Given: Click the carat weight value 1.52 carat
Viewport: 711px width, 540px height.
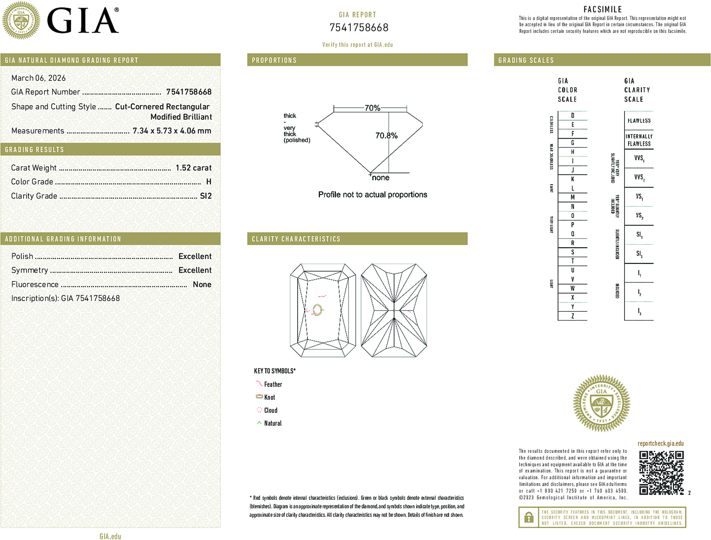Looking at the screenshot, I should pyautogui.click(x=193, y=168).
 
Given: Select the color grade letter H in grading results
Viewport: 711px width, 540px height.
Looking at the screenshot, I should pyautogui.click(x=208, y=182).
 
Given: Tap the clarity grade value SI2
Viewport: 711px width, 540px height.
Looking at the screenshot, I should pyautogui.click(x=206, y=196).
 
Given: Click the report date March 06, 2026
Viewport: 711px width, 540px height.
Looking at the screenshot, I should pyautogui.click(x=38, y=78).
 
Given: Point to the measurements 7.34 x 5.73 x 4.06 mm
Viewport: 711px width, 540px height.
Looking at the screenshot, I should pyautogui.click(x=172, y=131).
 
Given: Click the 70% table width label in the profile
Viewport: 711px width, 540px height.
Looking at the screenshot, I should pyautogui.click(x=372, y=108).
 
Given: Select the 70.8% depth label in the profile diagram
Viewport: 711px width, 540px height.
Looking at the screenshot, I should pyautogui.click(x=386, y=136).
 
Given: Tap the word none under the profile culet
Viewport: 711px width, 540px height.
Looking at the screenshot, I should pyautogui.click(x=380, y=178).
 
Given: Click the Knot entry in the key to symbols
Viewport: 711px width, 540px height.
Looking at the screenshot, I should pyautogui.click(x=269, y=397).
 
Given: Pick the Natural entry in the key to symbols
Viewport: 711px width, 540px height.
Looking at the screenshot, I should pyautogui.click(x=272, y=423).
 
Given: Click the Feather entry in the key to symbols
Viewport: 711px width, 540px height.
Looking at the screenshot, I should pyautogui.click(x=273, y=384).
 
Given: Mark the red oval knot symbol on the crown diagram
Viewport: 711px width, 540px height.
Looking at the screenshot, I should pyautogui.click(x=317, y=310).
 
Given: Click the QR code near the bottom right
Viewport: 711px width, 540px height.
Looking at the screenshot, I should pyautogui.click(x=661, y=472).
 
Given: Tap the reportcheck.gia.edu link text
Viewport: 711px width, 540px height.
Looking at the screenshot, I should pyautogui.click(x=660, y=444).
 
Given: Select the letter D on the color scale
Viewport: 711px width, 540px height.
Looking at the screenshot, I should pyautogui.click(x=572, y=115).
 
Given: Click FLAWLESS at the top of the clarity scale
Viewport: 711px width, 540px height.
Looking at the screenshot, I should pyautogui.click(x=639, y=121).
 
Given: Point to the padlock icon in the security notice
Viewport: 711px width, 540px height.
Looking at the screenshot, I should pyautogui.click(x=528, y=517).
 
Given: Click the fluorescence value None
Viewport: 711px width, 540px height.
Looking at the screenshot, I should pyautogui.click(x=202, y=284).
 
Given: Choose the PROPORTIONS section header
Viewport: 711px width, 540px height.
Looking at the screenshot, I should pyautogui.click(x=274, y=60).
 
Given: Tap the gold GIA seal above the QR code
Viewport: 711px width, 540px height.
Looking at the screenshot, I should pyautogui.click(x=601, y=403).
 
